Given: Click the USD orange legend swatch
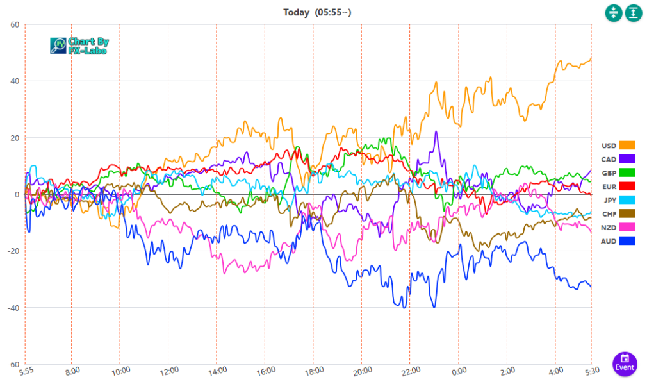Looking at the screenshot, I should (x=627, y=146).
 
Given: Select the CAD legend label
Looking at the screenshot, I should (x=609, y=159).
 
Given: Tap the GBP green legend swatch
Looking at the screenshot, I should (x=627, y=172).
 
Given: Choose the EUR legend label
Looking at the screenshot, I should (x=609, y=186).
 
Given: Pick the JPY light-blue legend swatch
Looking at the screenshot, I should (x=627, y=199).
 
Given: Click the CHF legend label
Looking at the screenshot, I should (x=609, y=213).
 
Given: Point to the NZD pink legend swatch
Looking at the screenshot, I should (x=627, y=227).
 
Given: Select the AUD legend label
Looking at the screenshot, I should (x=609, y=240).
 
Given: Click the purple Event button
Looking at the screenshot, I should (x=625, y=363).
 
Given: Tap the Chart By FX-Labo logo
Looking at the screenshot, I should (x=80, y=45).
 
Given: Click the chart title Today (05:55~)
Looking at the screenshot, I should (x=317, y=12).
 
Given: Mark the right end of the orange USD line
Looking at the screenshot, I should (x=591, y=59).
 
